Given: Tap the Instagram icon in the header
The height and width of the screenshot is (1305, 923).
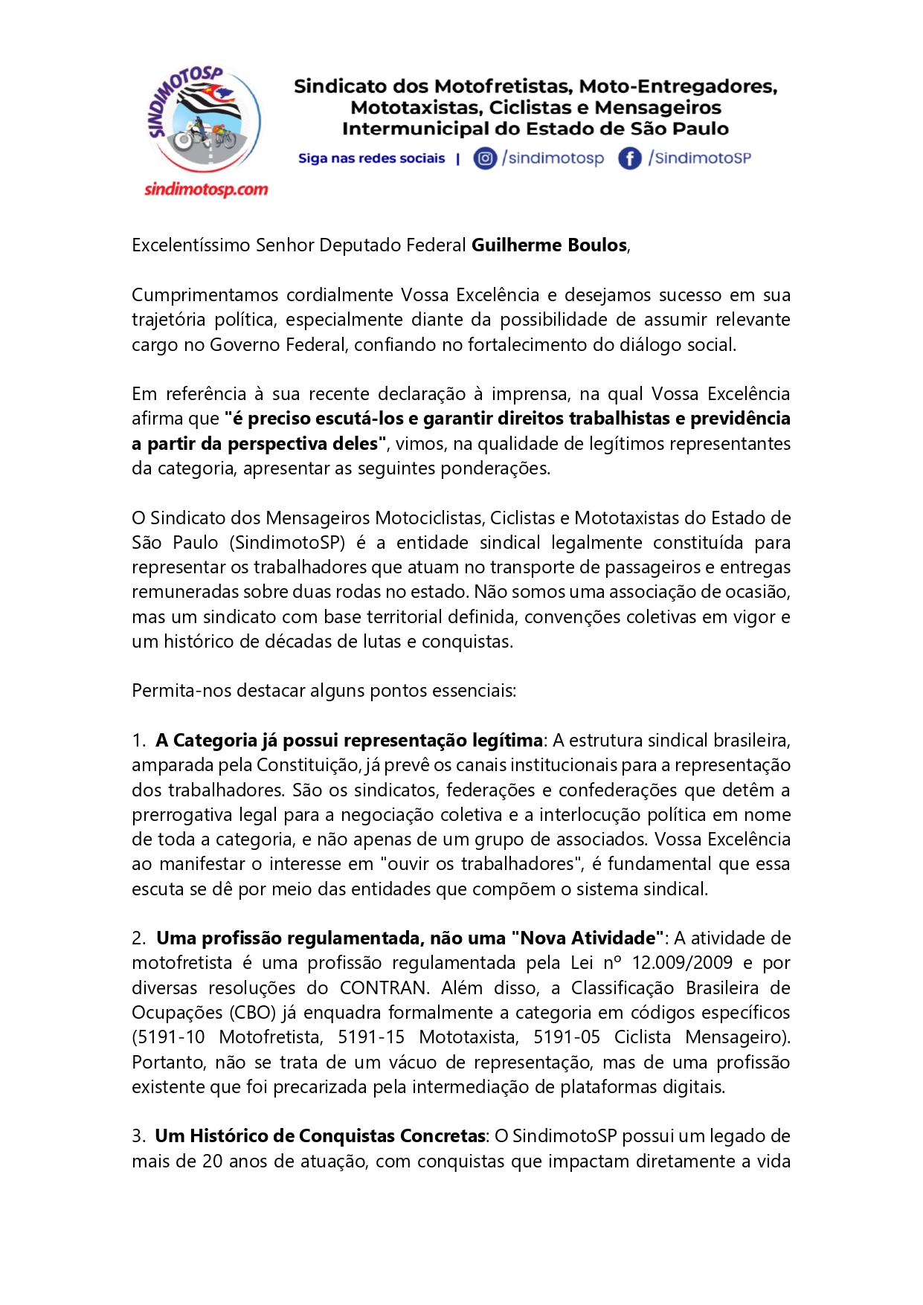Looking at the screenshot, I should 485,158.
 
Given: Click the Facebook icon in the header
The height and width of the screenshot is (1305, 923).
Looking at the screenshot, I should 629,158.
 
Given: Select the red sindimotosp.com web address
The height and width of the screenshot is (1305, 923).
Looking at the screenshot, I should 206,190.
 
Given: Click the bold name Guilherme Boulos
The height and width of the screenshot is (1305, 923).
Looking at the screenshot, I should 549,245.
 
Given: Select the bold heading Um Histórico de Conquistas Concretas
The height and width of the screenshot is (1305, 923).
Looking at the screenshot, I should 320,1136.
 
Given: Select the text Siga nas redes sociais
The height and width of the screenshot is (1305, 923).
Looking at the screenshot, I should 371,158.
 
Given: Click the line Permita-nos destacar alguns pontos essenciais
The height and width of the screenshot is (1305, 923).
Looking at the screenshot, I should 324,691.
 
